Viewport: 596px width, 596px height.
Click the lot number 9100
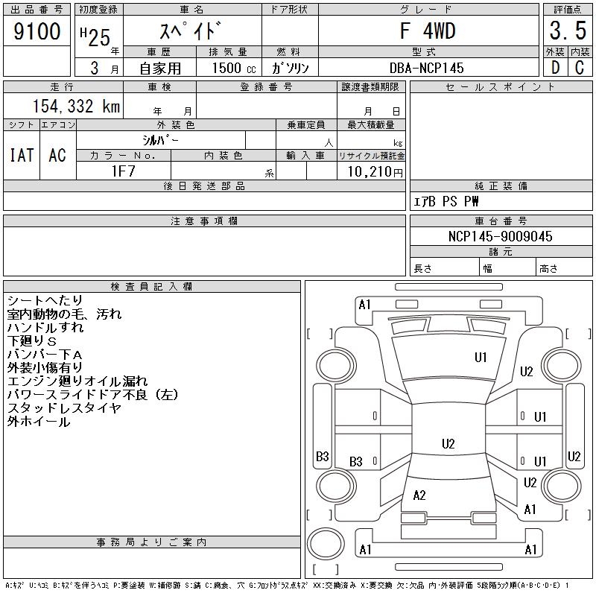(37, 31)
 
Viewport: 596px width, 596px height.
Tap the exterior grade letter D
(554, 68)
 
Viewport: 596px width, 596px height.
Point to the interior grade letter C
(579, 68)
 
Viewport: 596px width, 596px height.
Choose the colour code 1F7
(123, 171)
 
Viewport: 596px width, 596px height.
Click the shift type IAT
(22, 155)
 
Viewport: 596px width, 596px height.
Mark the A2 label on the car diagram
(419, 495)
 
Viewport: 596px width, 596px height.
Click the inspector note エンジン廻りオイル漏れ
(77, 381)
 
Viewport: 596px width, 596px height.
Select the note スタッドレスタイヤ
(64, 408)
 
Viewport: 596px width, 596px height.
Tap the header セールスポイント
(501, 86)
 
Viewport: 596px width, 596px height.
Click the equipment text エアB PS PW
(446, 202)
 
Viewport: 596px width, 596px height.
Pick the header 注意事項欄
(204, 221)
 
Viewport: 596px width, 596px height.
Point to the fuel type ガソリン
(290, 68)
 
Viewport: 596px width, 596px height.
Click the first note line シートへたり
(45, 300)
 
